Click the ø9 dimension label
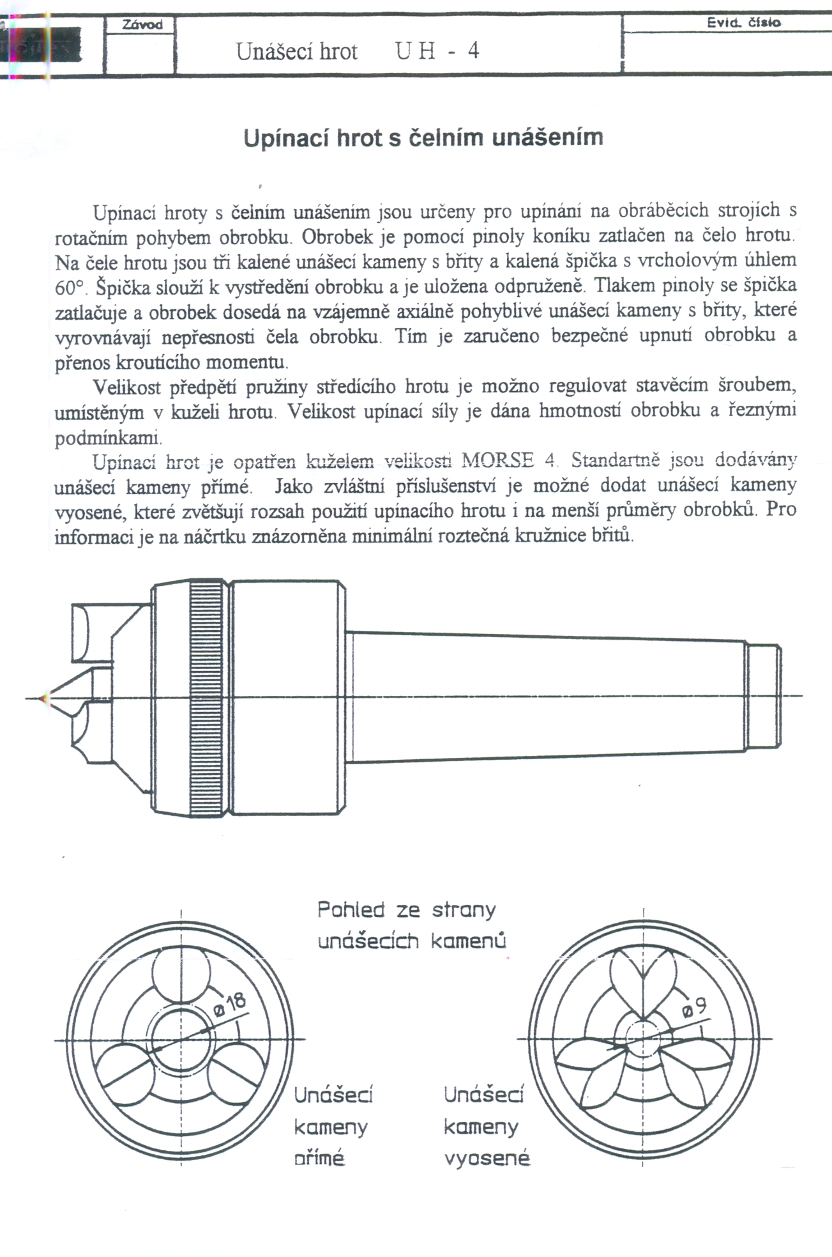[695, 1008]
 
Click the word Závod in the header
[142, 25]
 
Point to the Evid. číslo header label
[743, 22]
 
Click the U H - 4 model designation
[437, 50]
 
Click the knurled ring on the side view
[208, 698]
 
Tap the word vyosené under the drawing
[487, 1158]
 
